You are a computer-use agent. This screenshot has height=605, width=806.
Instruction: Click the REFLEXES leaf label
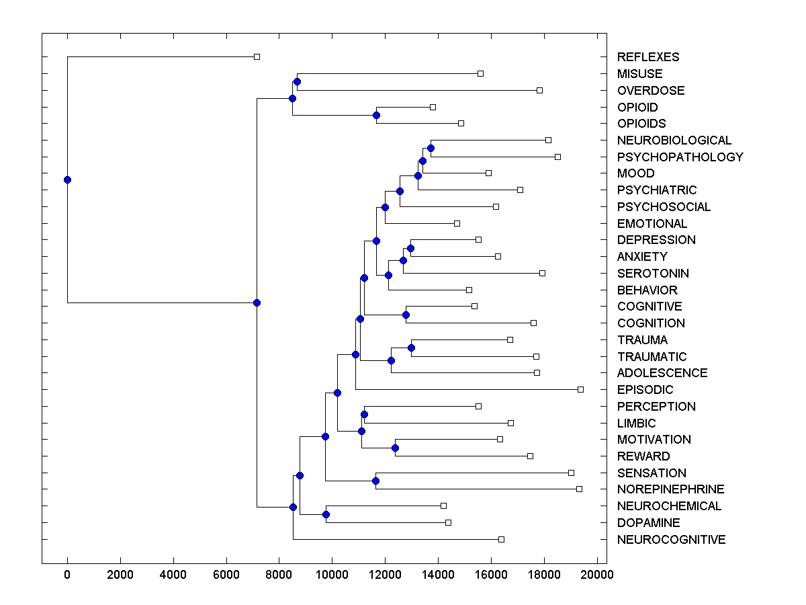(648, 57)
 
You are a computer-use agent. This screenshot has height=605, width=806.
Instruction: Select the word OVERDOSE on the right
(651, 91)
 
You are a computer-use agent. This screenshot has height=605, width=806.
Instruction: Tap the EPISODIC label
(645, 390)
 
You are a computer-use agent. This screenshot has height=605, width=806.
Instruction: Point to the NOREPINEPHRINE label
(670, 489)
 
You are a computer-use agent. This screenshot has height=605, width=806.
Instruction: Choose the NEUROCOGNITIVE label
(671, 540)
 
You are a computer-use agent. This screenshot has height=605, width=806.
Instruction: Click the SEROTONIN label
(653, 274)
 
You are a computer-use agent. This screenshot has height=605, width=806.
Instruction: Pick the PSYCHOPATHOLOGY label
(680, 157)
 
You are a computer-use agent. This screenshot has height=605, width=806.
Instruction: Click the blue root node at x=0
(67, 179)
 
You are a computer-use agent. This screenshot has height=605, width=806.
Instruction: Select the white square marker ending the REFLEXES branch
(257, 56)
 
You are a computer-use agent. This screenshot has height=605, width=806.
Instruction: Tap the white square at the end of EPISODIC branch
(581, 389)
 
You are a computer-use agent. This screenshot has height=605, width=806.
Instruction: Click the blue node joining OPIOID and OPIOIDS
(377, 115)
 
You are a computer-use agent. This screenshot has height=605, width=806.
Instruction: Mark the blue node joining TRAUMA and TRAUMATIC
(411, 348)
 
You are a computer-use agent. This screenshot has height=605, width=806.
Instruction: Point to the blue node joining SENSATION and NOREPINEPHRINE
(375, 481)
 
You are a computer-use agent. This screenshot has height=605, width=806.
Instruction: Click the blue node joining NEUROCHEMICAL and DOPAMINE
(326, 514)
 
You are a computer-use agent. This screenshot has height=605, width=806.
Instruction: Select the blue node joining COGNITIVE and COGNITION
(406, 315)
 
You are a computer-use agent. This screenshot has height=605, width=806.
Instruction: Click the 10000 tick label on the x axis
(332, 573)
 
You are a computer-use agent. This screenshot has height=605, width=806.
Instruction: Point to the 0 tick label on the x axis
(67, 573)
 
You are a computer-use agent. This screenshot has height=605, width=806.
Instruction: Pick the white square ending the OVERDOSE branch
(539, 90)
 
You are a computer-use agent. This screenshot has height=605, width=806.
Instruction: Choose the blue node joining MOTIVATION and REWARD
(395, 448)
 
